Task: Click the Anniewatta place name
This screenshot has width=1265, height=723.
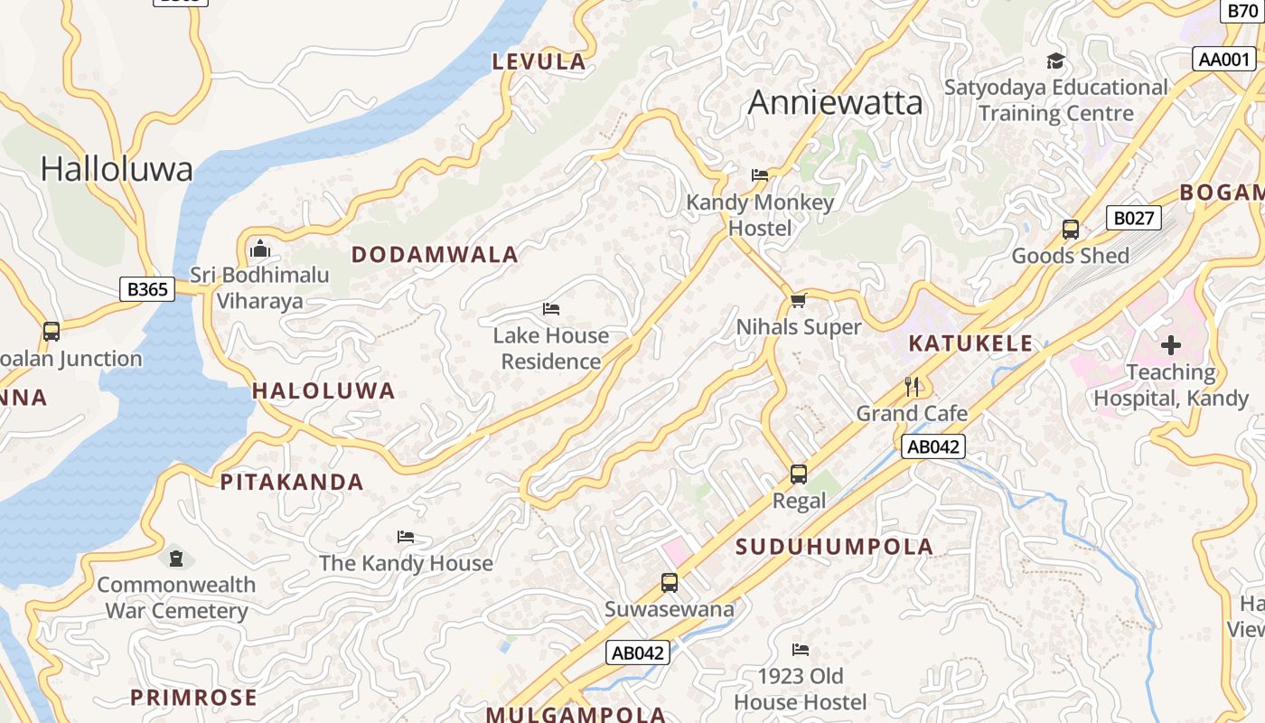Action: pyautogui.click(x=836, y=103)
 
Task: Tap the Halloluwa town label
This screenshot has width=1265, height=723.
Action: pyautogui.click(x=117, y=169)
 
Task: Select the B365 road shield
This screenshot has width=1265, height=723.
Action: pyautogui.click(x=147, y=289)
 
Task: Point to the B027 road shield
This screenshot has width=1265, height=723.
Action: pyautogui.click(x=1133, y=218)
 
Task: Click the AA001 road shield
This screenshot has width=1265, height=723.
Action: pyautogui.click(x=1223, y=60)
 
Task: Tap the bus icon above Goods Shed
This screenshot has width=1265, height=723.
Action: pyautogui.click(x=1071, y=230)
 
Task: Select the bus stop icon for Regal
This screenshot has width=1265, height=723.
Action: pyautogui.click(x=799, y=474)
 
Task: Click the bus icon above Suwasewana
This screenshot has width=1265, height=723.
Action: pyautogui.click(x=670, y=583)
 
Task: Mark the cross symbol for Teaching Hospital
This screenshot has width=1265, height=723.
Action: pyautogui.click(x=1171, y=345)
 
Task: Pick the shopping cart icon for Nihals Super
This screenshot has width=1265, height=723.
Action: pyautogui.click(x=798, y=300)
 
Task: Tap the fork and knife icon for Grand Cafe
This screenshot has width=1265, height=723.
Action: pyautogui.click(x=912, y=387)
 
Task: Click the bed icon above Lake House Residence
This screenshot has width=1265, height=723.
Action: pyautogui.click(x=551, y=309)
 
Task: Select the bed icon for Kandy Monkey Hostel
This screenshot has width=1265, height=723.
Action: pyautogui.click(x=760, y=175)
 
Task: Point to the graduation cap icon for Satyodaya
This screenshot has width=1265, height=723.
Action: pyautogui.click(x=1055, y=61)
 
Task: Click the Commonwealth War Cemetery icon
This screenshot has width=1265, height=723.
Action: pyautogui.click(x=176, y=559)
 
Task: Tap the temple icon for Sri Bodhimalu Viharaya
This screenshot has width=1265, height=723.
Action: pyautogui.click(x=260, y=248)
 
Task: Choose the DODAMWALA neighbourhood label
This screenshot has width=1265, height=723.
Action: pyautogui.click(x=435, y=255)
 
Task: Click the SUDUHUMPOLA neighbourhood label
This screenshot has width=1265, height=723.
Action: pyautogui.click(x=834, y=547)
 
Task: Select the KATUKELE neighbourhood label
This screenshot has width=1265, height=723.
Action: pyautogui.click(x=970, y=343)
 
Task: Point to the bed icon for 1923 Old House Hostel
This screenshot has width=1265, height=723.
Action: pyautogui.click(x=800, y=649)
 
